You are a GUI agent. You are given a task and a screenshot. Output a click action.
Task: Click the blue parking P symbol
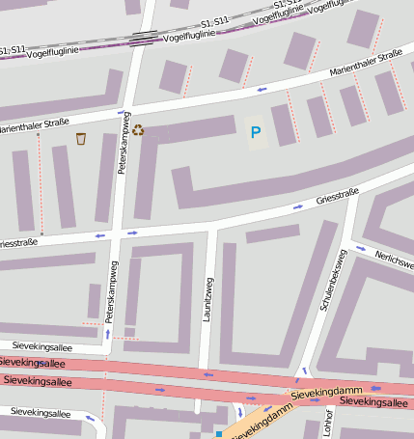click(255, 132)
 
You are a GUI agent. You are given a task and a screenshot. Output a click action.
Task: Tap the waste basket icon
click(81, 139)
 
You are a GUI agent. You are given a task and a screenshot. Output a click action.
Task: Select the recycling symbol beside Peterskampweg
click(138, 130)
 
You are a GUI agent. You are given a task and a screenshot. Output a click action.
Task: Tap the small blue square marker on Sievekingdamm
click(219, 434)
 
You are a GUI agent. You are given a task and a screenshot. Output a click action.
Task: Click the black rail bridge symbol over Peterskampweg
click(143, 38)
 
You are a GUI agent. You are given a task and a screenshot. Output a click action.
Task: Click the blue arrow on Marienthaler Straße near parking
click(262, 89)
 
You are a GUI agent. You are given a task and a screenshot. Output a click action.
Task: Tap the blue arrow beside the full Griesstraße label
click(298, 207)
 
